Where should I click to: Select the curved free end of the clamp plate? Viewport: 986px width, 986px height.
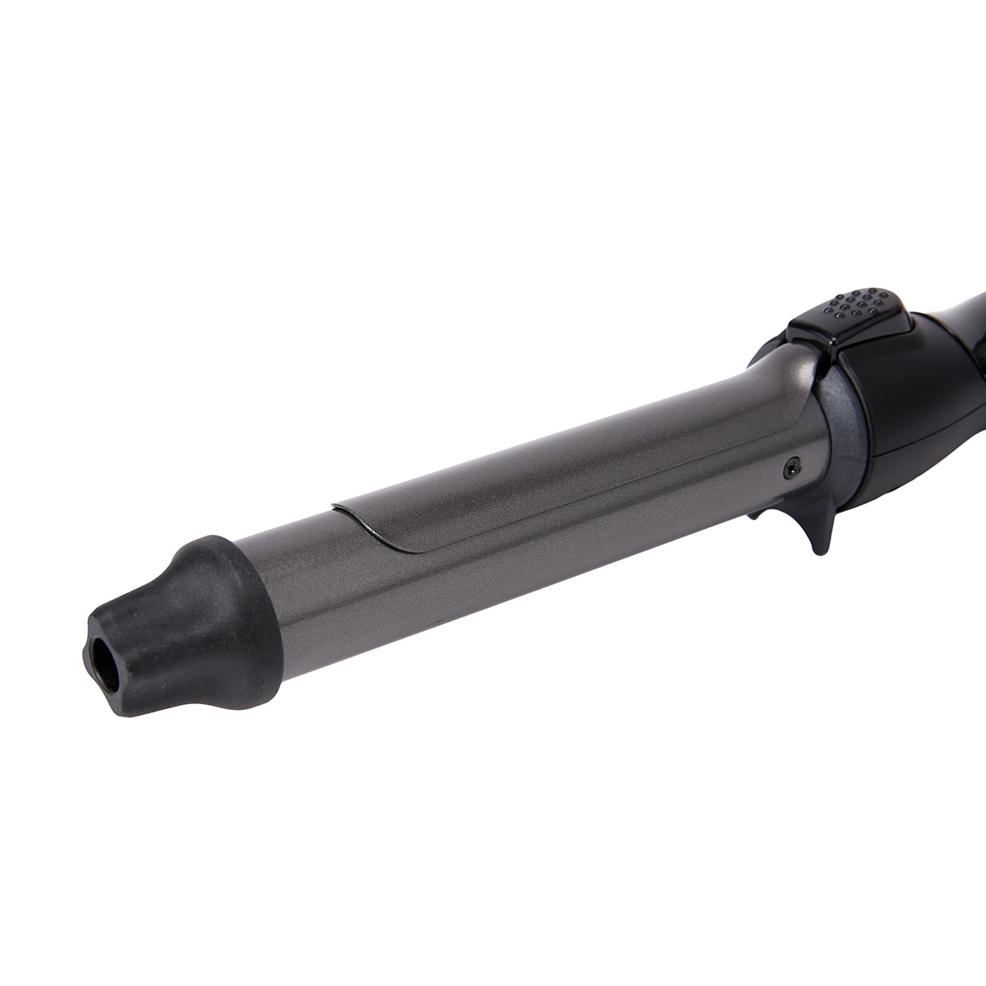click(x=362, y=526)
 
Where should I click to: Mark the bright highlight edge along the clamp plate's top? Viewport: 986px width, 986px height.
click(x=534, y=448)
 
